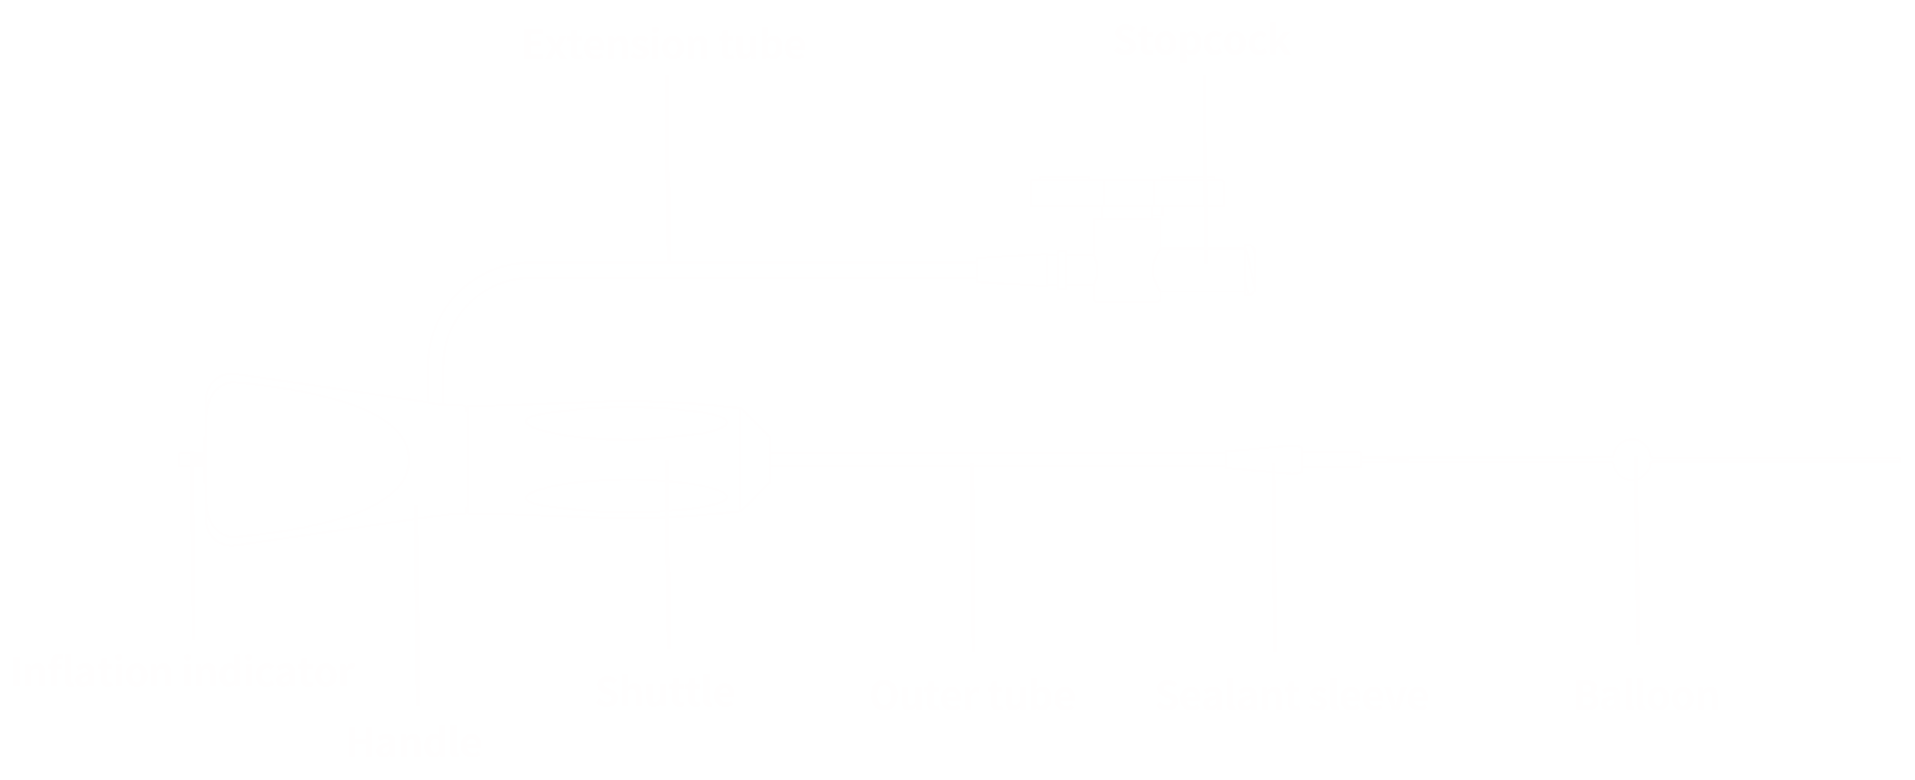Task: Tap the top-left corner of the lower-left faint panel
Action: click(x=178, y=172)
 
